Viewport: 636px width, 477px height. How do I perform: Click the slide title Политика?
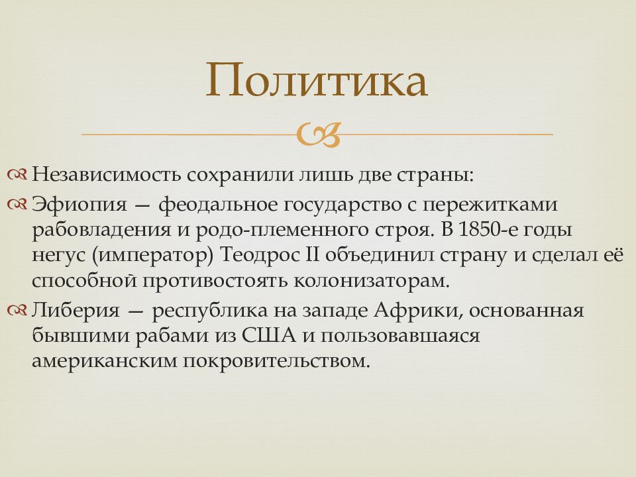tap(316, 81)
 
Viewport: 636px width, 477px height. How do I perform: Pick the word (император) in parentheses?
tap(154, 255)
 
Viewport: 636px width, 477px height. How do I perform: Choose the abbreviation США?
tap(266, 336)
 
